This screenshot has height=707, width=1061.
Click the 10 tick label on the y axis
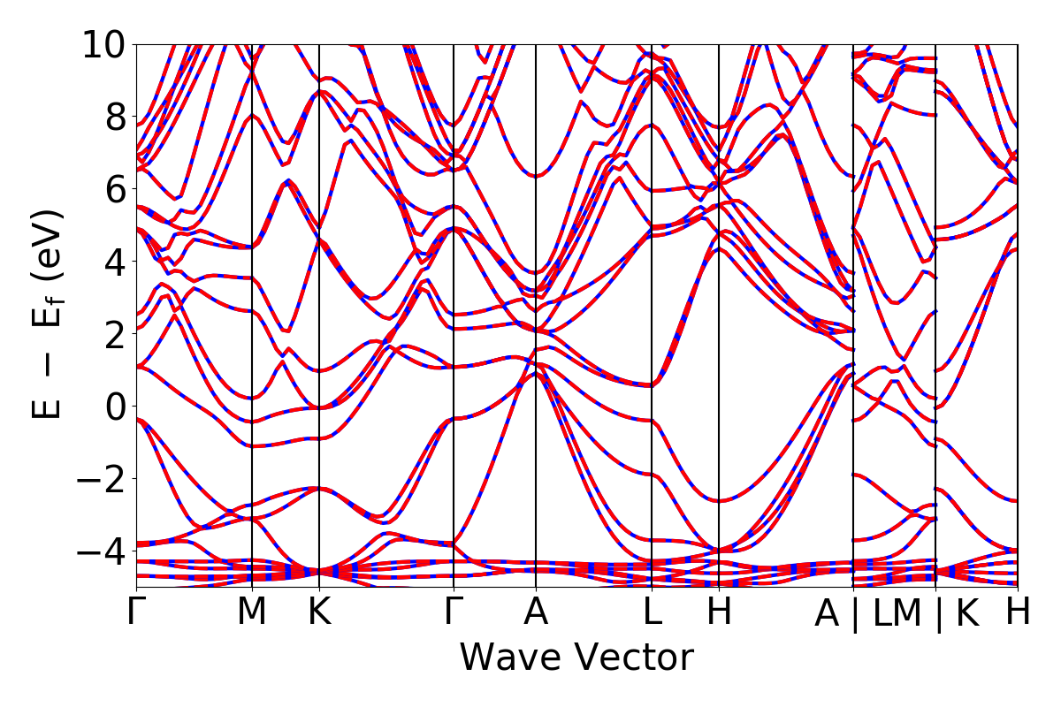104,44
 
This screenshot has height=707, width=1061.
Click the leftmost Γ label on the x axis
136,612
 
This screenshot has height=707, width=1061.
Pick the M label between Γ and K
253,612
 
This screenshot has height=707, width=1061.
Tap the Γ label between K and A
454,612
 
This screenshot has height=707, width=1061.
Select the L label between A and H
652,612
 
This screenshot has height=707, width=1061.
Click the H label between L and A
719,612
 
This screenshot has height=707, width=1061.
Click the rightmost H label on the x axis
1018,612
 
